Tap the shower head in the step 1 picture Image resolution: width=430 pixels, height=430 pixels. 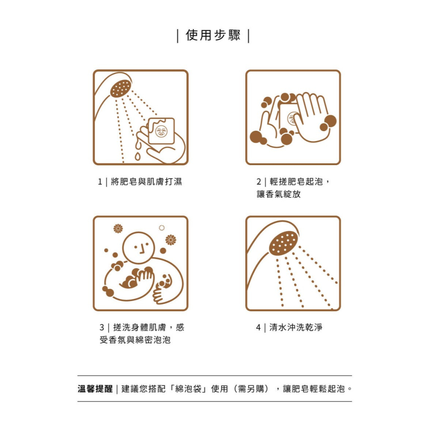coord(120,89)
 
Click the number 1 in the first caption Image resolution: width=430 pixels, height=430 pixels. coord(100,182)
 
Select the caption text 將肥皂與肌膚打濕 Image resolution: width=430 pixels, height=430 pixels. coord(146,182)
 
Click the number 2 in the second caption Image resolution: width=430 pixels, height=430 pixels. coord(259,182)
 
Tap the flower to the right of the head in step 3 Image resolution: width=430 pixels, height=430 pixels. coord(171,240)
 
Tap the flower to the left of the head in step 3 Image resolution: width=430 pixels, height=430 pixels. coord(118,228)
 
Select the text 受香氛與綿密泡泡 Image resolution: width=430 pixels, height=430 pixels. coord(135,340)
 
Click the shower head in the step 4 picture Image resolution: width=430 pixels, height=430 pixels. coord(283,243)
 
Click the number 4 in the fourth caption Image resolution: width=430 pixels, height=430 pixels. coord(258,328)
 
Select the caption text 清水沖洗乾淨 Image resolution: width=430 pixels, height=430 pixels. coord(295,328)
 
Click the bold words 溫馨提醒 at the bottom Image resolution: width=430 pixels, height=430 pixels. coord(95,389)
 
